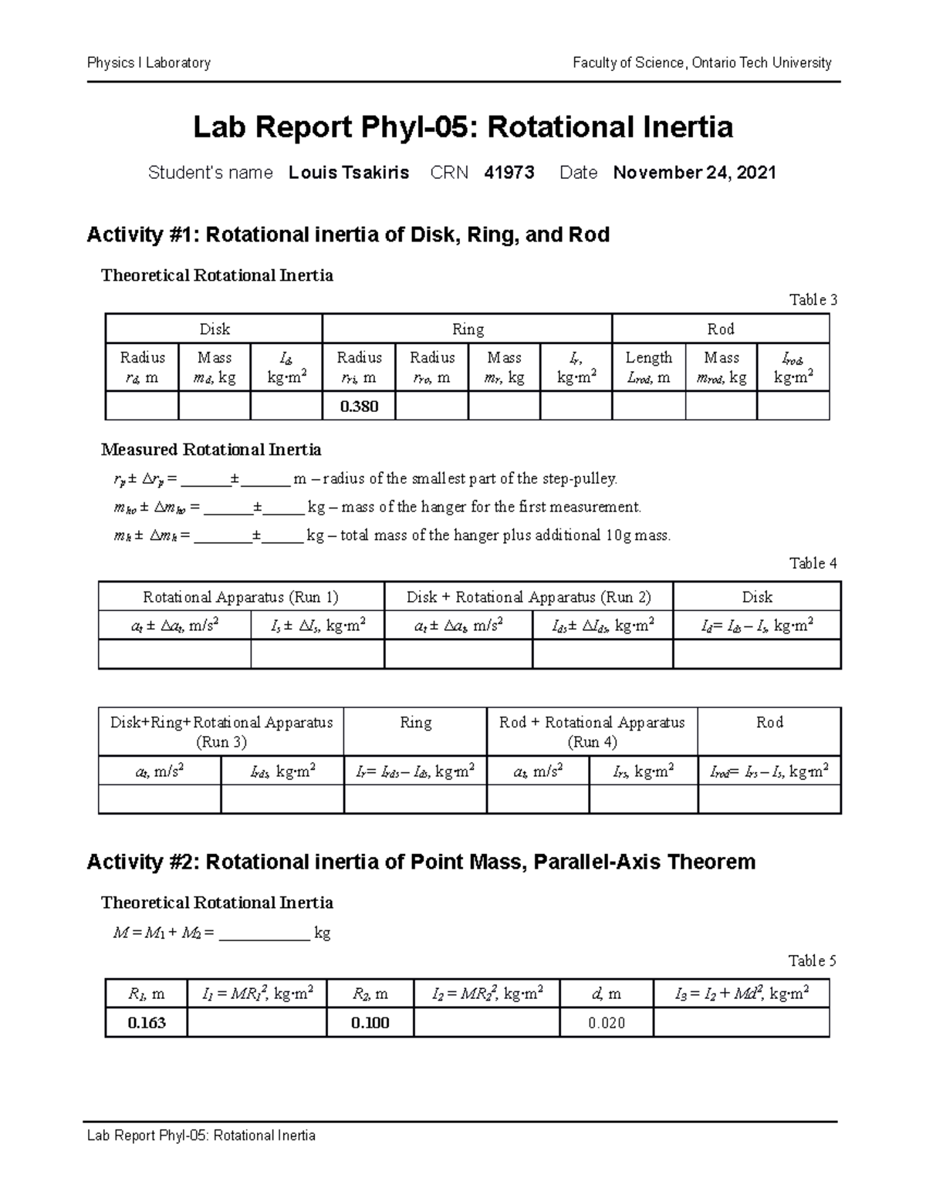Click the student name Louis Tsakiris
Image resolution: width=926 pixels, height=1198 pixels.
[x=349, y=173]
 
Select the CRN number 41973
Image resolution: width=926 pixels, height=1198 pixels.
[x=509, y=173]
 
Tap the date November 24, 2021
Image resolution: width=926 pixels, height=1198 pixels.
[x=694, y=173]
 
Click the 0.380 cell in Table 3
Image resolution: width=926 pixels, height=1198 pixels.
[x=359, y=406]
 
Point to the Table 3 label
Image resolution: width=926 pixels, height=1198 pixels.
[x=813, y=300]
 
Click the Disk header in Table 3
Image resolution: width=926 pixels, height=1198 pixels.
[x=214, y=329]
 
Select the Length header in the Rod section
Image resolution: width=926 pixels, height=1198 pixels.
[x=648, y=358]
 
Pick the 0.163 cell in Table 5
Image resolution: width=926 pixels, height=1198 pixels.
[x=147, y=1023]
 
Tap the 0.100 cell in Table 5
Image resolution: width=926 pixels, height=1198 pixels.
[x=370, y=1023]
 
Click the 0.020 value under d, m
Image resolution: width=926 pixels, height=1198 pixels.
[x=606, y=1023]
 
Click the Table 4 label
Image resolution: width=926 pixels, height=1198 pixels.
[x=813, y=563]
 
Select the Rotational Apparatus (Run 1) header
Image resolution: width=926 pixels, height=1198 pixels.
[x=241, y=597]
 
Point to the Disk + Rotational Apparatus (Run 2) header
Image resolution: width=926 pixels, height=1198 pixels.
[x=529, y=597]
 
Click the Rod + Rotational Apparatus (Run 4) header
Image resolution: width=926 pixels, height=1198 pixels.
[x=592, y=731]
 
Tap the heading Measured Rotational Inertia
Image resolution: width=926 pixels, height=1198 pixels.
[x=211, y=450]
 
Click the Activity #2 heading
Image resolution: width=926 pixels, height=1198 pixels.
[x=421, y=862]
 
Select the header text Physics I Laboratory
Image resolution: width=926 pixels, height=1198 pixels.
[x=149, y=63]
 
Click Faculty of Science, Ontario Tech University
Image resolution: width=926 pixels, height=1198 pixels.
[x=701, y=63]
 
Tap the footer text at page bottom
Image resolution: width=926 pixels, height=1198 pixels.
[x=201, y=1136]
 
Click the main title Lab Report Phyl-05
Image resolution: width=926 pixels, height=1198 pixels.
[x=462, y=127]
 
